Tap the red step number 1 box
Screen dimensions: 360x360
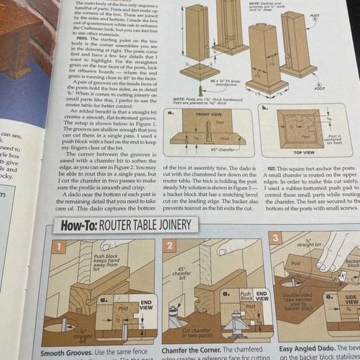point(56,247)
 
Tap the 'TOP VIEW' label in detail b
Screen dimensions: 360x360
point(304,151)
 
